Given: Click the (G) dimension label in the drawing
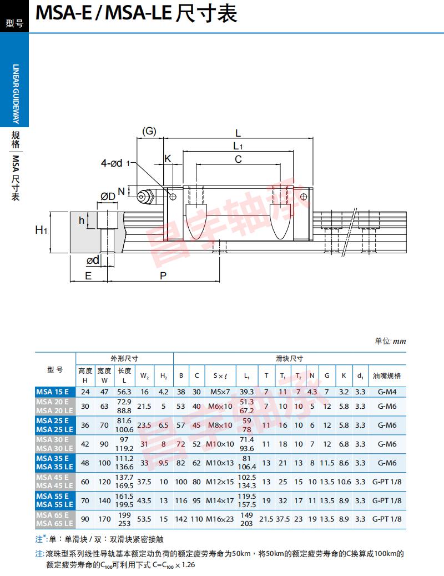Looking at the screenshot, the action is click(x=149, y=131).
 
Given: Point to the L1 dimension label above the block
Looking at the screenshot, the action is click(x=238, y=146).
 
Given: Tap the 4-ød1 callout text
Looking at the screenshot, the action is click(x=115, y=163).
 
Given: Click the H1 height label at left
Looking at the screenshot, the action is click(x=41, y=231).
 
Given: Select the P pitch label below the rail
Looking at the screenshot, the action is click(x=163, y=276).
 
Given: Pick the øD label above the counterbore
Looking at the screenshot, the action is click(x=108, y=197).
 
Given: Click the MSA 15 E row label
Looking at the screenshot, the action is click(x=53, y=392).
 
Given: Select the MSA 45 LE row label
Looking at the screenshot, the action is click(x=55, y=485).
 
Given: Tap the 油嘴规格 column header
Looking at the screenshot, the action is click(x=387, y=376).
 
